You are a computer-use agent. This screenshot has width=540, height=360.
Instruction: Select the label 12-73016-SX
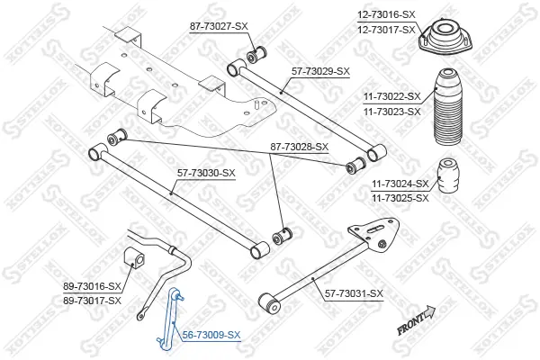coord(387,15)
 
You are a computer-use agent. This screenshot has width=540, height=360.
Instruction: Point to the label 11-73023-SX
coord(391,112)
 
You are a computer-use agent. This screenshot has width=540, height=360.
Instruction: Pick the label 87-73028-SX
coord(298,147)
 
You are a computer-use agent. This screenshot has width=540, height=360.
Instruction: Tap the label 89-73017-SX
coord(92,300)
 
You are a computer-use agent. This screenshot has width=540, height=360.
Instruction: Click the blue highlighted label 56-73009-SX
coord(211,335)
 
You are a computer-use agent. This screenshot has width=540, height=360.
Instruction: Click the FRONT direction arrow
coord(415,319)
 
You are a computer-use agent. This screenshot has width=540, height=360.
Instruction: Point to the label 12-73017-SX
coord(387,30)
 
